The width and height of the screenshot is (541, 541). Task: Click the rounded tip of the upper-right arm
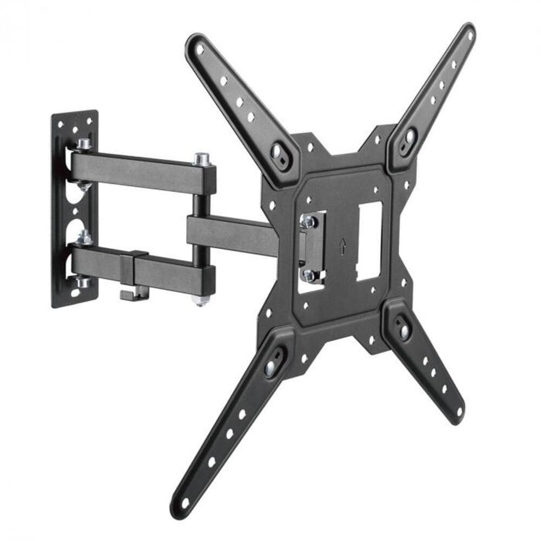(467, 30)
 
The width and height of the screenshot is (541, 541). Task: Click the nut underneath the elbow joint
(201, 299)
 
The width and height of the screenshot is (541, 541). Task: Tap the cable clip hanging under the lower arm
(128, 293)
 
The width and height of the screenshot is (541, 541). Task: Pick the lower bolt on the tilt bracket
(310, 275)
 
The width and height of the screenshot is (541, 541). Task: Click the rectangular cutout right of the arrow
(370, 241)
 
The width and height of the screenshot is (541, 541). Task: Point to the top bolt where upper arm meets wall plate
(83, 144)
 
